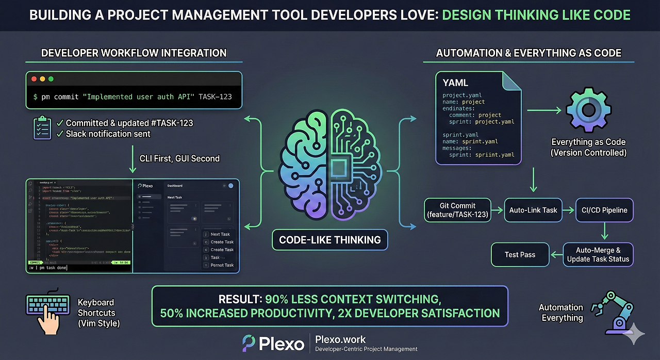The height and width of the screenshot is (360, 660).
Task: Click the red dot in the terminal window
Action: click(34, 79)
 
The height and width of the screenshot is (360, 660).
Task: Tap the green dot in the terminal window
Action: click(51, 79)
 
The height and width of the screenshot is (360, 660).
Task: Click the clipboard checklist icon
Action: click(42, 128)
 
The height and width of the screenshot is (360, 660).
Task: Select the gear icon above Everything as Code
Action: click(588, 110)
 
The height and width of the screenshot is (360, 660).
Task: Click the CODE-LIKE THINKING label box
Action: click(329, 240)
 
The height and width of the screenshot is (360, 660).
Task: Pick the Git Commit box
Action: click(457, 209)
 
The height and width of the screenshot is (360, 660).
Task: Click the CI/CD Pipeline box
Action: click(604, 210)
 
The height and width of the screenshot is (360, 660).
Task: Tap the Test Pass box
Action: click(520, 254)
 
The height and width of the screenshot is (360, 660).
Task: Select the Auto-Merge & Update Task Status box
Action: click(598, 254)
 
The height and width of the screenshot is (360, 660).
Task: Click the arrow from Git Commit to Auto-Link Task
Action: click(497, 210)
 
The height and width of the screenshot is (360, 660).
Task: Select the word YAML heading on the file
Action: click(456, 83)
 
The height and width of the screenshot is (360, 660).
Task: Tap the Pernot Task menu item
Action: click(222, 265)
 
